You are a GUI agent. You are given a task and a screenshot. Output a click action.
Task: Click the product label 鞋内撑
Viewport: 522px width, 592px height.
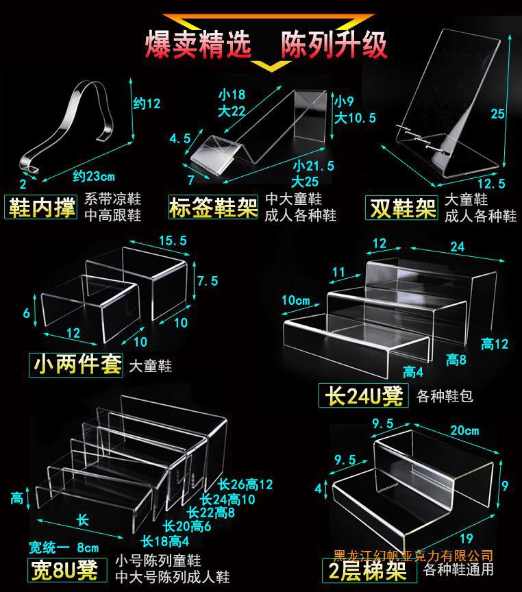click(42, 208)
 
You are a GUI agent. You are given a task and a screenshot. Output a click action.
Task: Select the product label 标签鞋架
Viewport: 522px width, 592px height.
click(213, 208)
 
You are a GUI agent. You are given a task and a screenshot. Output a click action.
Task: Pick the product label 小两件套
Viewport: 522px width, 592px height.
click(76, 364)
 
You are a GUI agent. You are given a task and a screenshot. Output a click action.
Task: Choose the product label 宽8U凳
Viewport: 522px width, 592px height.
click(64, 569)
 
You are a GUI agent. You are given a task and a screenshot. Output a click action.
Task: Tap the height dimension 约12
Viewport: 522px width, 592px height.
click(146, 104)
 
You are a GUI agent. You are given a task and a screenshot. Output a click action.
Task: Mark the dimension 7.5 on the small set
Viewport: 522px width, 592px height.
click(207, 281)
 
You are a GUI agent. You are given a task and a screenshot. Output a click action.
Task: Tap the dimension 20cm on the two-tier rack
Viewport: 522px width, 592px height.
click(464, 430)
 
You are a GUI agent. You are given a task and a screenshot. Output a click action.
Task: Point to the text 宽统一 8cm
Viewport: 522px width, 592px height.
click(64, 547)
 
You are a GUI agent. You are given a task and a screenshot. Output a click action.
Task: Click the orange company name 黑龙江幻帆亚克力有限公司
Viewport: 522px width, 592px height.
click(412, 555)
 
